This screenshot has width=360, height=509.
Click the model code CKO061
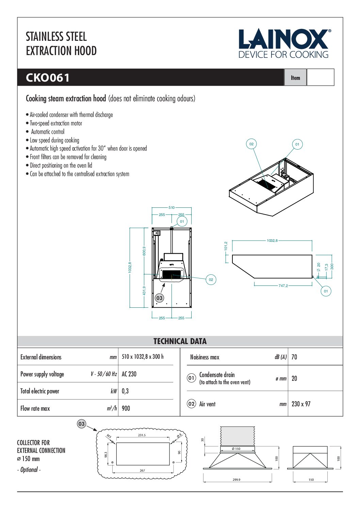point(48,78)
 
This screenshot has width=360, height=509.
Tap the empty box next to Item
point(320,78)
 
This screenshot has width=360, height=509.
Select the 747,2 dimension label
point(283,286)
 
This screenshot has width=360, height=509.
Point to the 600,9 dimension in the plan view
point(144,251)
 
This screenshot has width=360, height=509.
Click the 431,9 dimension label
point(144,290)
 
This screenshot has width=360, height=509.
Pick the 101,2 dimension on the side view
point(226,246)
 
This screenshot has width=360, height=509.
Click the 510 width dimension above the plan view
point(171,207)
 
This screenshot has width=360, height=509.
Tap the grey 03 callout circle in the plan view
point(159,298)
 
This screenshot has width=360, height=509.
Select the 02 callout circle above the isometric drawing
point(251,144)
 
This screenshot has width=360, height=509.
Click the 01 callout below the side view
point(326,291)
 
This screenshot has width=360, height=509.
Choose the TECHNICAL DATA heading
point(180,341)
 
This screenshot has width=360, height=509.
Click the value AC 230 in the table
point(129,374)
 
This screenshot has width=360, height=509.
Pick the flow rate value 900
point(126,408)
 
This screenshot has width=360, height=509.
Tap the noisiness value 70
point(294,357)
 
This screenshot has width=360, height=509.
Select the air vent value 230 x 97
point(301,404)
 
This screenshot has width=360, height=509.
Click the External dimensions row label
point(41,357)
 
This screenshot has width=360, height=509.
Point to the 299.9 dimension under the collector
point(236,480)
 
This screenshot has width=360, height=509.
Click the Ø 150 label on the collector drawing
point(236,449)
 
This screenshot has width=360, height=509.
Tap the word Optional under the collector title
point(29,470)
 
